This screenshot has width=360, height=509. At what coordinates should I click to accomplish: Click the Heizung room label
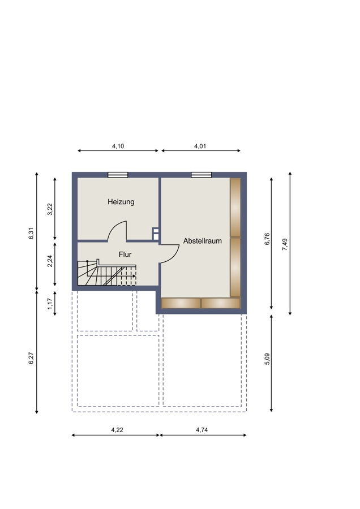click(x=121, y=202)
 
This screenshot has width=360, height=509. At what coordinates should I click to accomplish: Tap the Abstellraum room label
click(x=203, y=241)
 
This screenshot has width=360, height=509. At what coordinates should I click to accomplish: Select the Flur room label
click(x=125, y=255)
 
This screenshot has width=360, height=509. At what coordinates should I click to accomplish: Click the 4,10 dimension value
click(x=118, y=146)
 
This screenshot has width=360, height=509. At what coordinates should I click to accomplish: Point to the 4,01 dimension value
click(x=200, y=146)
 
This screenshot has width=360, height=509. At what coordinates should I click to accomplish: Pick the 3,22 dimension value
click(x=50, y=209)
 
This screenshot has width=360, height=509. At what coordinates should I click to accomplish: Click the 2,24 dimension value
click(x=50, y=261)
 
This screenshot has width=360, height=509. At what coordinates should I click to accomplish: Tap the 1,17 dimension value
click(x=50, y=304)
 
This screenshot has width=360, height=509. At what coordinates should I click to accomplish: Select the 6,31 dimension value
click(x=32, y=234)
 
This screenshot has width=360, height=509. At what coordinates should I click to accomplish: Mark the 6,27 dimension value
click(x=32, y=358)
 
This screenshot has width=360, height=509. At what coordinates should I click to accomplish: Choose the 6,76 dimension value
click(x=267, y=239)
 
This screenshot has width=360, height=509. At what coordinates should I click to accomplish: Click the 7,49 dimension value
click(x=285, y=244)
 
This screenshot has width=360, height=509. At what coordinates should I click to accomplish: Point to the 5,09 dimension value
click(x=267, y=359)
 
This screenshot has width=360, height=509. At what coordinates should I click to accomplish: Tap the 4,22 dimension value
click(x=117, y=430)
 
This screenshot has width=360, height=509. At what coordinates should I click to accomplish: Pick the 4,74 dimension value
click(x=202, y=430)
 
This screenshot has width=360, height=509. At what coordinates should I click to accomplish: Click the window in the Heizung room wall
click(x=118, y=175)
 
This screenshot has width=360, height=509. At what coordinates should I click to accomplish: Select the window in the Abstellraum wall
click(x=202, y=175)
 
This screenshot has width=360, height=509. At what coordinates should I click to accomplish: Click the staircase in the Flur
click(x=106, y=273)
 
